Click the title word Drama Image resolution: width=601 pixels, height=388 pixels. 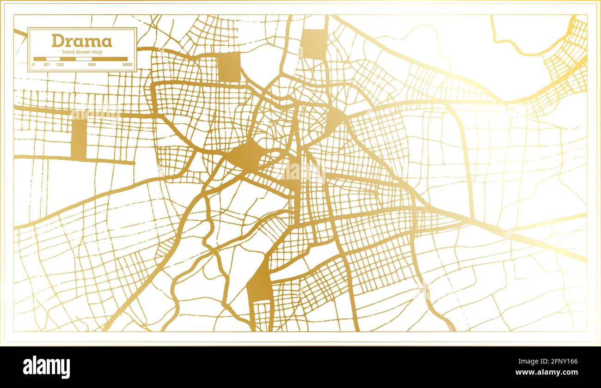tap(81, 41)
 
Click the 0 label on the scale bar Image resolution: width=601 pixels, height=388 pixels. tap(34, 65)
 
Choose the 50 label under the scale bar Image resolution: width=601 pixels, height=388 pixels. tap(46, 65)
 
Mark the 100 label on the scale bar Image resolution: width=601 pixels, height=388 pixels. tap(60, 65)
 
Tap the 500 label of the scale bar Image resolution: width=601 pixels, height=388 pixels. tap(92, 65)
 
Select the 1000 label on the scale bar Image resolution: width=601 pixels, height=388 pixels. tap(127, 65)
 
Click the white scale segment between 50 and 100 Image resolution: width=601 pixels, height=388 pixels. tap(53, 59)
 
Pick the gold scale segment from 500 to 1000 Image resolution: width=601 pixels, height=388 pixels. tap(110, 59)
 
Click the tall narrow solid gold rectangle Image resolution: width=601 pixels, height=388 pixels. tap(79, 139)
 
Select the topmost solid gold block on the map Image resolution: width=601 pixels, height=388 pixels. tap(314, 44)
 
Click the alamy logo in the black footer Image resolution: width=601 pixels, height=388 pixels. tap(47, 367)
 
